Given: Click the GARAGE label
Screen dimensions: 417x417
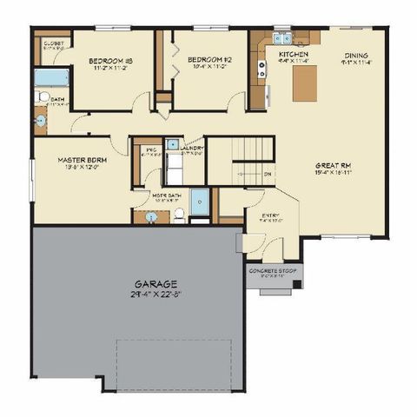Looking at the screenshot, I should [156, 283].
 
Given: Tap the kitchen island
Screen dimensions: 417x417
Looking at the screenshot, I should [303, 83].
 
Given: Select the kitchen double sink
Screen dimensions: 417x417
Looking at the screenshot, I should [281, 38].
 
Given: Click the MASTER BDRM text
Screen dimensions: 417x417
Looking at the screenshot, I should [82, 161].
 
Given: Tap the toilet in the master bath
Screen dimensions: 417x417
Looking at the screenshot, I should [179, 214].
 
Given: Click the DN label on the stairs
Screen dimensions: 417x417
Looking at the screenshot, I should [268, 174].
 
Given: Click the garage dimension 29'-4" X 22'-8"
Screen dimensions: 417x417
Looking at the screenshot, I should [156, 294].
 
